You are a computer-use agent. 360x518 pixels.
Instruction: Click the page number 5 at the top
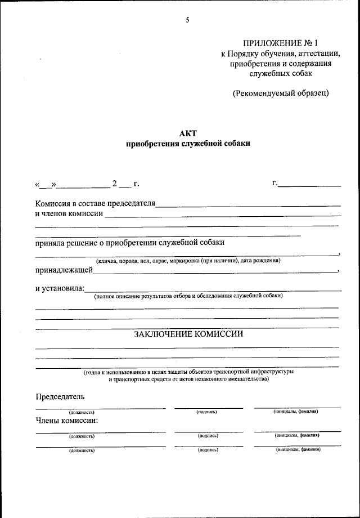coord(188,20)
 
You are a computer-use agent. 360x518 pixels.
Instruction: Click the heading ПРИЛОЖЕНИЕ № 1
coord(281,43)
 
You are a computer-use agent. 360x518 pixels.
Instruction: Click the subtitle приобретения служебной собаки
coord(188,144)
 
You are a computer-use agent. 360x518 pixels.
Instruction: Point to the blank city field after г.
coord(310,184)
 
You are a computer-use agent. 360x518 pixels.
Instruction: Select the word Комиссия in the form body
coord(52,203)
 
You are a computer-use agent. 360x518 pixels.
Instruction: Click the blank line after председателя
coord(247,204)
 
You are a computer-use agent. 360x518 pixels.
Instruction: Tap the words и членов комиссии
coord(69,213)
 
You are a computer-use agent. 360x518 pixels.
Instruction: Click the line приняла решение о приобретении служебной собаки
coord(129,243)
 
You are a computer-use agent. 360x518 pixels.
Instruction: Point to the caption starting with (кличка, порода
coord(188,260)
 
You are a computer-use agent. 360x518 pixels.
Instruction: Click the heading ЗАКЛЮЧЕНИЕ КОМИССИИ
coord(188,334)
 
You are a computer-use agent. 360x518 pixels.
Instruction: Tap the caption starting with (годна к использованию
coord(188,372)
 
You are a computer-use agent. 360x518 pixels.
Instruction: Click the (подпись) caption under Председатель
coord(207,412)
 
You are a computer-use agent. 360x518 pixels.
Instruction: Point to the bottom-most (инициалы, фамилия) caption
coord(297,450)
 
